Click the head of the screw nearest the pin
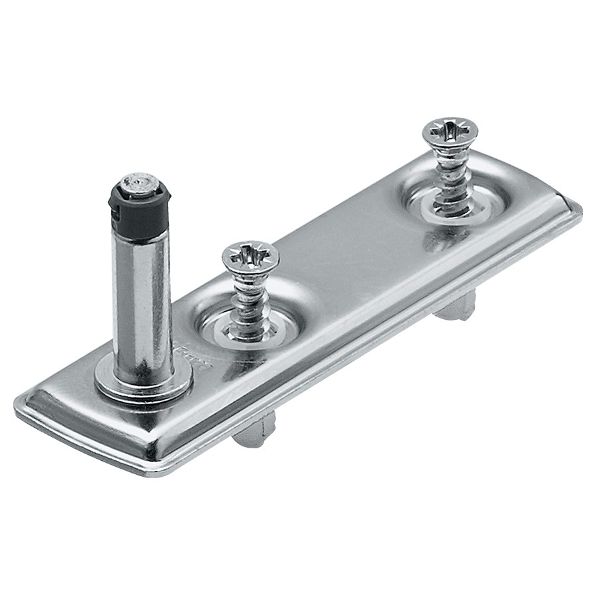tap(250, 256)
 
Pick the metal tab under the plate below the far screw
tap(456, 306)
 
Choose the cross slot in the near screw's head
tap(250, 253)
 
